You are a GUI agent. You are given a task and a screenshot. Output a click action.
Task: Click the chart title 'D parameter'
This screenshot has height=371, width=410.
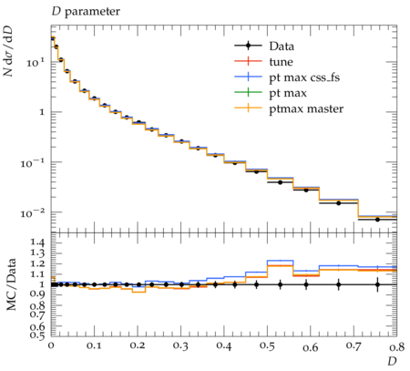click(x=86, y=12)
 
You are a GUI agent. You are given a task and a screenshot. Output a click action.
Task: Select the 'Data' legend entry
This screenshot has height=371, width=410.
click(x=264, y=46)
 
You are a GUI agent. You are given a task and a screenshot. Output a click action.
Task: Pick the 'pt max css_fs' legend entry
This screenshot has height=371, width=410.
click(x=287, y=77)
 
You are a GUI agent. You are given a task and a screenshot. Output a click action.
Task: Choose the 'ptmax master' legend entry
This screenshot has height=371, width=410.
click(x=289, y=108)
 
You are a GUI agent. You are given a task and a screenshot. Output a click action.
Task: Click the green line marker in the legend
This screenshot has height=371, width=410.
click(x=248, y=92)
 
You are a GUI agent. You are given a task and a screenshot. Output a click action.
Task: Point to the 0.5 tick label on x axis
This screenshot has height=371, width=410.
click(x=268, y=345)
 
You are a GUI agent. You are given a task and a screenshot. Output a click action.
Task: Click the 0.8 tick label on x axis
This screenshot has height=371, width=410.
click(x=397, y=346)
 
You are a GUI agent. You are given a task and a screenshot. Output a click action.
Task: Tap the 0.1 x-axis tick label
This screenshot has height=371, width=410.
click(x=94, y=345)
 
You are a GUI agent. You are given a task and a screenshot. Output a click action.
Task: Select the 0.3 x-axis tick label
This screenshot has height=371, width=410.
click(x=181, y=345)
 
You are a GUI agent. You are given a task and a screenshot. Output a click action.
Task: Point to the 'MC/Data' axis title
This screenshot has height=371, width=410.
click(x=11, y=284)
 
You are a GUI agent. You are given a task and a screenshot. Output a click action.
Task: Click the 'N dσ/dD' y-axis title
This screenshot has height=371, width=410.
click(x=8, y=50)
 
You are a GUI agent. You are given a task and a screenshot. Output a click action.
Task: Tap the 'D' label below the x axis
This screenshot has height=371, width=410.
click(x=392, y=361)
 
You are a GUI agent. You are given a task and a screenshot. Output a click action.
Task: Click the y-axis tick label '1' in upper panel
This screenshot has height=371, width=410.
click(x=42, y=112)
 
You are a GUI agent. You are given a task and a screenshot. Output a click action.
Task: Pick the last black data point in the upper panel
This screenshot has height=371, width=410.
click(x=377, y=220)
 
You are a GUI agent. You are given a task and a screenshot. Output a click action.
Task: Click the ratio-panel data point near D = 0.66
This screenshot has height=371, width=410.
click(x=339, y=284)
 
